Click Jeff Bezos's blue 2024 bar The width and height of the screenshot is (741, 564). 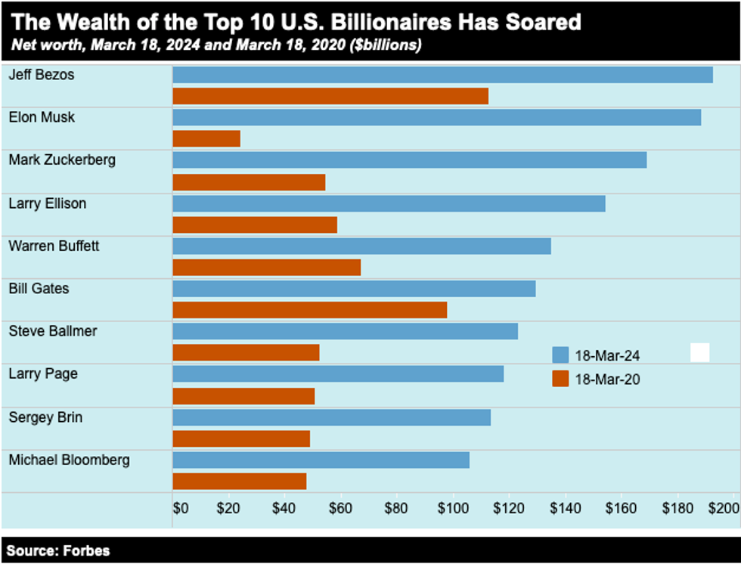(x=442, y=75)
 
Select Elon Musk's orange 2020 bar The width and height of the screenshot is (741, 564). (x=206, y=138)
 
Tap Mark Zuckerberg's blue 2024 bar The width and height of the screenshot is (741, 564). (x=409, y=160)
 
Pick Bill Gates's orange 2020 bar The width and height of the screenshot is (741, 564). (x=309, y=310)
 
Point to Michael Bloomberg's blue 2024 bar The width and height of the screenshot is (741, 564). (x=321, y=460)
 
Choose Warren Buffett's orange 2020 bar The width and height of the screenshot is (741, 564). (x=266, y=268)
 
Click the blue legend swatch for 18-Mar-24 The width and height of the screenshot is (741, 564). (x=560, y=355)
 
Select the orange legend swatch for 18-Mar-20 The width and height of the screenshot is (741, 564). (x=560, y=379)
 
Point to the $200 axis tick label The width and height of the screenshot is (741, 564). (x=723, y=508)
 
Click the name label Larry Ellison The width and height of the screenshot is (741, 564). (x=47, y=203)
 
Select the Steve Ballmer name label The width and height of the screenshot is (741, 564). (x=52, y=331)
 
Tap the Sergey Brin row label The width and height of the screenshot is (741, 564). (x=45, y=417)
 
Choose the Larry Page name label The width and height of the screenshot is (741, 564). (x=42, y=373)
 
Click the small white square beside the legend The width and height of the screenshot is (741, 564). (x=699, y=353)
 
